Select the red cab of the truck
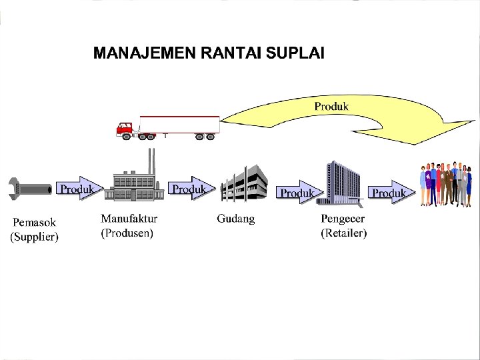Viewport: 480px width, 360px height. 125,129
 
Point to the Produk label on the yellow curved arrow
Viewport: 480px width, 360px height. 331,106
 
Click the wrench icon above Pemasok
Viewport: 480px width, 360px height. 30,189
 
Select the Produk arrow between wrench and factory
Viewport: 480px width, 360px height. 79,189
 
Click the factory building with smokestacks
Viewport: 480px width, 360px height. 138,180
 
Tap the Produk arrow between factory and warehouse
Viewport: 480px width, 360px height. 189,189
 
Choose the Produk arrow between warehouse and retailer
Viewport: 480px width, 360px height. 298,192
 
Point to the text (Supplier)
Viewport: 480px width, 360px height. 33,237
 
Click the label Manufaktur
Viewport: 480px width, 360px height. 129,219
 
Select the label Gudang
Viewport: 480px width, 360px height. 235,219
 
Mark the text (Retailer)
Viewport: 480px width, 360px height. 343,233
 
